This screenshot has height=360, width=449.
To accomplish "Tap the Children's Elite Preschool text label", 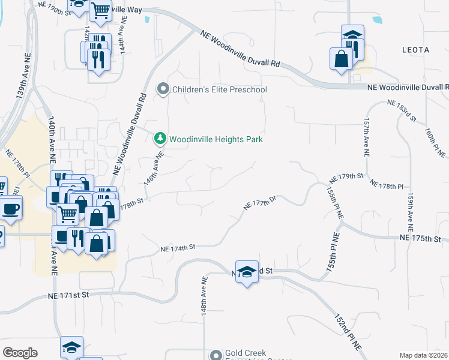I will point(219,89).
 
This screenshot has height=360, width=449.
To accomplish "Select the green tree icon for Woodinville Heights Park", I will point(160,139).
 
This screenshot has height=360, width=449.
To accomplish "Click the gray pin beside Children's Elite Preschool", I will point(163,89).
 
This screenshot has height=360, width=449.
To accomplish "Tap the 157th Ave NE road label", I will point(366,136).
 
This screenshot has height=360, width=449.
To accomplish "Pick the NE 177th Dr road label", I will point(259,203).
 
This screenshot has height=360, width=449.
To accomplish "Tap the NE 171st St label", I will point(69,295).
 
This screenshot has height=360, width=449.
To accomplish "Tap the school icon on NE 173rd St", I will point(246,272).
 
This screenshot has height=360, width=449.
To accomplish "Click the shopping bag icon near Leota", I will point(340,59).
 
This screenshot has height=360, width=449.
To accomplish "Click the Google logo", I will point(20,353).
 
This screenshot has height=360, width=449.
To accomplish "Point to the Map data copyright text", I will point(423,355).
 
